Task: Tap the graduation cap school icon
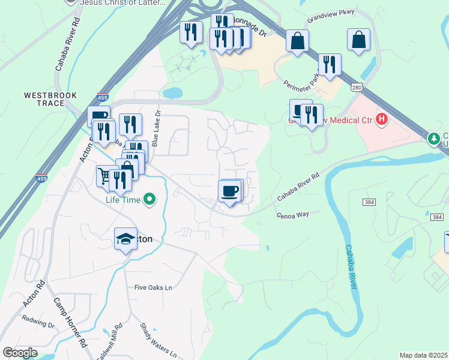(x=125, y=239)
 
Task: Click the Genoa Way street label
(x=292, y=214)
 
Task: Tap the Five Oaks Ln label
(x=153, y=287)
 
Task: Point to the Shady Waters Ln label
(x=158, y=340)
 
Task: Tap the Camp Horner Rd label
(x=70, y=323)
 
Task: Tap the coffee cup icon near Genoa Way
(x=230, y=191)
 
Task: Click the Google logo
(x=19, y=353)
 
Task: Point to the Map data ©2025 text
(x=423, y=355)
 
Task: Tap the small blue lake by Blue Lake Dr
(x=172, y=93)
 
